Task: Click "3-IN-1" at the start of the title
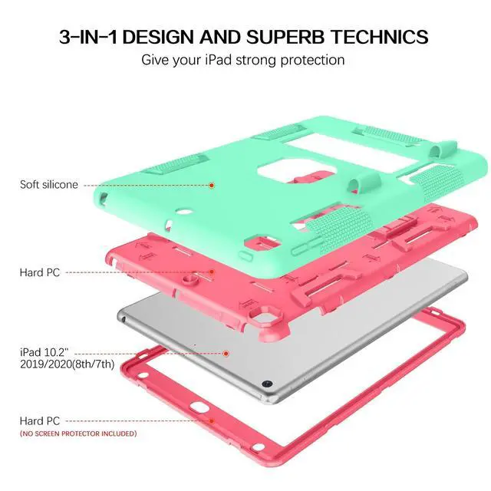click(x=89, y=37)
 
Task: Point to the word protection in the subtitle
click(x=307, y=60)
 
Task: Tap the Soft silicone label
click(x=49, y=185)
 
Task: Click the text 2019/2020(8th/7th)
click(x=68, y=364)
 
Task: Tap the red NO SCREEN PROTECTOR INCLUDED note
click(x=79, y=433)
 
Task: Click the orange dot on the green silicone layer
click(x=212, y=185)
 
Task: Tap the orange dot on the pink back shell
click(x=212, y=272)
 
